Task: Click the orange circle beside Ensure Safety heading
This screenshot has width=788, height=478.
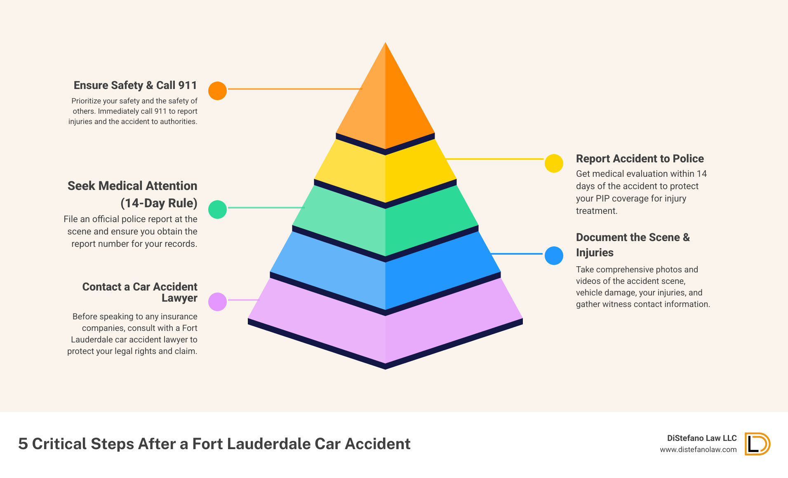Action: pos(217,91)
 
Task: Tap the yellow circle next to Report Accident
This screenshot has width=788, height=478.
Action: pos(554,163)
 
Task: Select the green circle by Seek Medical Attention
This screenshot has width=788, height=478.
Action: pos(217,209)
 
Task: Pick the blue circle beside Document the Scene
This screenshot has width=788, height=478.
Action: pos(554,255)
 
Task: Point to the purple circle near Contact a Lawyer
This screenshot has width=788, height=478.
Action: pos(217,302)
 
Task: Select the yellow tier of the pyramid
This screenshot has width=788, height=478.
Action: pos(385,173)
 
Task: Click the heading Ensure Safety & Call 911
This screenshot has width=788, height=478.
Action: pos(135,85)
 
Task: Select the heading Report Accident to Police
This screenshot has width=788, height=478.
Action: pos(640,159)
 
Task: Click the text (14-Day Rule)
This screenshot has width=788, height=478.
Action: pos(159,203)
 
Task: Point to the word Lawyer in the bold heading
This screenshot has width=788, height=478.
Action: pos(179,298)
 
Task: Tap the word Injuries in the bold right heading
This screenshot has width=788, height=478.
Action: pos(595,253)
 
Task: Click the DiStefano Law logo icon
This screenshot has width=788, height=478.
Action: pos(757,444)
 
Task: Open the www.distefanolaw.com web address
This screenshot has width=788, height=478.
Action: pos(698,450)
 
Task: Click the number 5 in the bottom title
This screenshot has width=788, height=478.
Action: pos(23,444)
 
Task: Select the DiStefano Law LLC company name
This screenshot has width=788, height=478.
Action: pos(702,438)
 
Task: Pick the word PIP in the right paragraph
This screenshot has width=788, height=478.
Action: pos(602,198)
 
